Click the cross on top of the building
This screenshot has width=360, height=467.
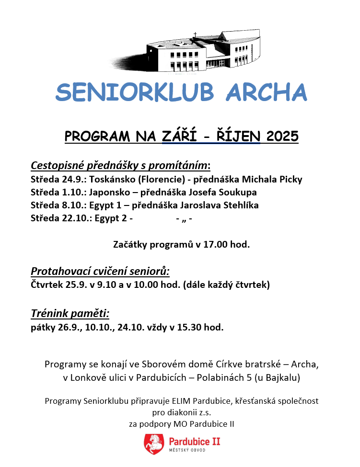tap(195, 35)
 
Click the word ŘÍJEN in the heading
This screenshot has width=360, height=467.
tap(236, 137)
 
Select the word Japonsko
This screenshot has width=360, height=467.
tap(110, 193)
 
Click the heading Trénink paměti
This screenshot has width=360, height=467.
tap(70, 314)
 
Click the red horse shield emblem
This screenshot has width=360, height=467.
tap(153, 444)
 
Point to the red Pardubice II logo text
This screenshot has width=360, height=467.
tap(195, 441)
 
